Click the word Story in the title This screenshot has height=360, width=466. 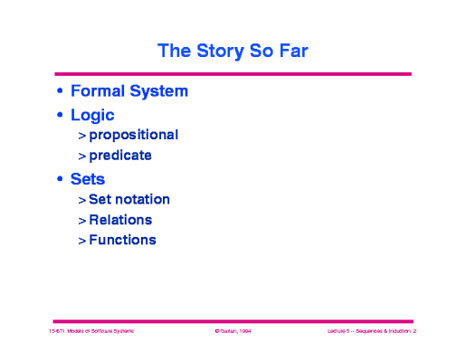pyautogui.click(x=215, y=51)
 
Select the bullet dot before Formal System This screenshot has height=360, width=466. pyautogui.click(x=60, y=92)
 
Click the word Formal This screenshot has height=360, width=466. pyautogui.click(x=99, y=91)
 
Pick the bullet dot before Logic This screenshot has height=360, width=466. pyautogui.click(x=60, y=116)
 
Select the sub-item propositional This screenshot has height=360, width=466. pyautogui.click(x=133, y=135)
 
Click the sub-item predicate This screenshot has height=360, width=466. pyautogui.click(x=120, y=156)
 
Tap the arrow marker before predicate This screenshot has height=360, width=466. pyautogui.click(x=81, y=156)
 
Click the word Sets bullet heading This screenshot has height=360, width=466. pyautogui.click(x=88, y=179)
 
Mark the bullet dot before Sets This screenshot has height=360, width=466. pyautogui.click(x=60, y=180)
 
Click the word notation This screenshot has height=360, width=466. pyautogui.click(x=142, y=199)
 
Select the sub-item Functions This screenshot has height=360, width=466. pyautogui.click(x=122, y=241)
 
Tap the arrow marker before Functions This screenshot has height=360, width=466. pyautogui.click(x=81, y=242)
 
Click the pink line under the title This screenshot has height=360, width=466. pyautogui.click(x=233, y=73)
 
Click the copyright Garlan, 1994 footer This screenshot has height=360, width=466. pyautogui.click(x=233, y=333)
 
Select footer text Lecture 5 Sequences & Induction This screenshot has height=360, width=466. pyautogui.click(x=370, y=333)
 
